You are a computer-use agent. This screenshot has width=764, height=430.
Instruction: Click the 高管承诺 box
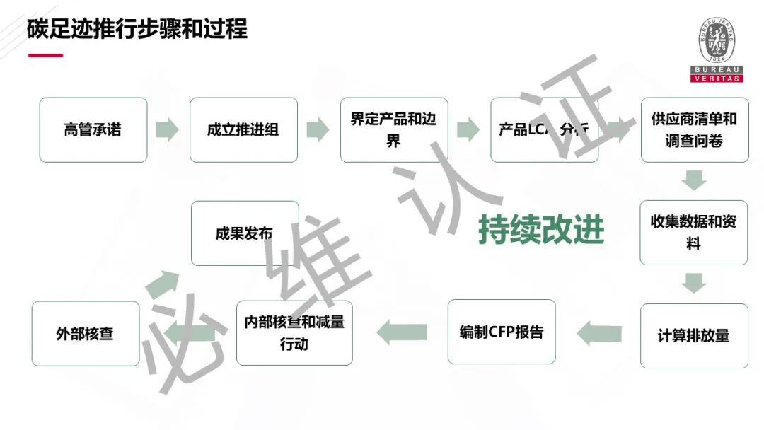(x=93, y=130)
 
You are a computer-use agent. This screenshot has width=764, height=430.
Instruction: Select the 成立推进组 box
(x=243, y=130)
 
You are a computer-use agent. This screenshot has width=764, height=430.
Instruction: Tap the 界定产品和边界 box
(x=393, y=130)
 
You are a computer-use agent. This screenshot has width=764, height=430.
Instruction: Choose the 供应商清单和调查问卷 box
(x=694, y=130)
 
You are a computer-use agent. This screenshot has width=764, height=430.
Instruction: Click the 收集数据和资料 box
(x=693, y=233)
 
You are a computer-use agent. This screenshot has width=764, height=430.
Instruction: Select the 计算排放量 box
(x=694, y=336)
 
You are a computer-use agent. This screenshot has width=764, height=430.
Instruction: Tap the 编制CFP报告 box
(x=502, y=332)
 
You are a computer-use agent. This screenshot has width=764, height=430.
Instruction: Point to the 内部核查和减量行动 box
(x=294, y=332)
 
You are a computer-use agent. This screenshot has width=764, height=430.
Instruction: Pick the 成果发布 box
(x=245, y=233)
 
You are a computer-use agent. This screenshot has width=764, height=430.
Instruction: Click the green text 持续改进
(x=541, y=229)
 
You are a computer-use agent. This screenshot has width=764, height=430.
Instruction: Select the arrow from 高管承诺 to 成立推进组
(x=167, y=130)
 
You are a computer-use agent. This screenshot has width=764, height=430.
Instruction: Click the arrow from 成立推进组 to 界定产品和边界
(x=318, y=130)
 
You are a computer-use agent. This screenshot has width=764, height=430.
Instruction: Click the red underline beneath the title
(x=45, y=55)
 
